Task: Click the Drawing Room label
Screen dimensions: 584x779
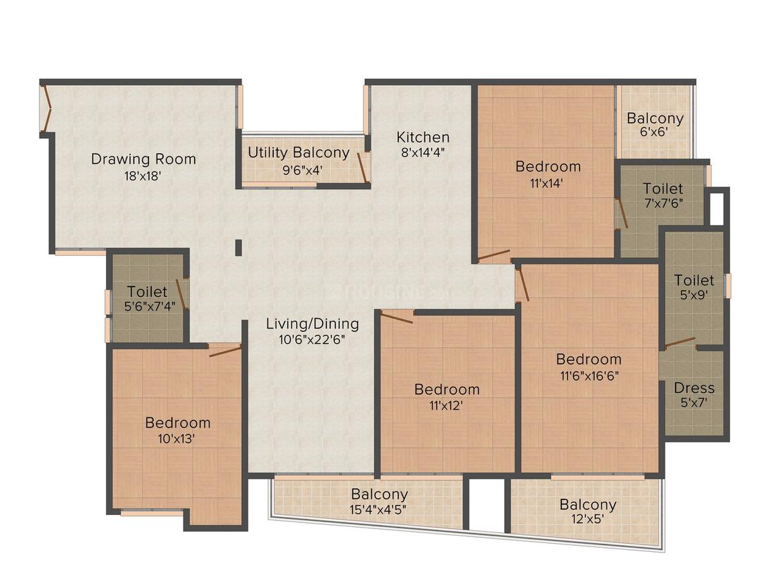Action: click(x=144, y=159)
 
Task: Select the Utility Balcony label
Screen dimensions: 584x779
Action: click(x=298, y=152)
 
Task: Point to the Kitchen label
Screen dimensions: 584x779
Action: click(x=422, y=136)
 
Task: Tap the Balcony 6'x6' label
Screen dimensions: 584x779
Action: click(x=655, y=119)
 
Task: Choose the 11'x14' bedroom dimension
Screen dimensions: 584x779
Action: click(x=547, y=183)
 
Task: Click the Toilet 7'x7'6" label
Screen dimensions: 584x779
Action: click(x=663, y=189)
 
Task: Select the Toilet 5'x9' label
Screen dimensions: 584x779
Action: click(x=694, y=280)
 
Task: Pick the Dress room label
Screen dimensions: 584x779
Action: click(x=694, y=388)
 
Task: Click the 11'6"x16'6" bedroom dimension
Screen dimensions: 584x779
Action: click(x=588, y=375)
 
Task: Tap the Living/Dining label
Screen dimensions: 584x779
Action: click(x=312, y=324)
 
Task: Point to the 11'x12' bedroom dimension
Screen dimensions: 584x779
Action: click(x=447, y=405)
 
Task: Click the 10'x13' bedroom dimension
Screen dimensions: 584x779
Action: click(x=177, y=439)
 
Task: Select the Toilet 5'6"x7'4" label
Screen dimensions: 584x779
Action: click(x=147, y=292)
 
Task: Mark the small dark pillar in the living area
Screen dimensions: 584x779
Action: click(x=238, y=247)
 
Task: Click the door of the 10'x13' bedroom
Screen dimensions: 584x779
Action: click(x=224, y=350)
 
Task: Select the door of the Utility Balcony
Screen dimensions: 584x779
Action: click(x=363, y=167)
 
